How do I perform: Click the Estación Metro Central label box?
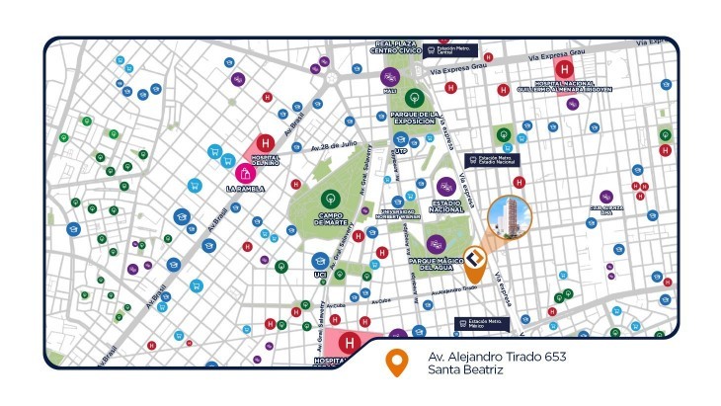coord(451,50)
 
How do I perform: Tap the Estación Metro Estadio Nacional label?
coord(493,159)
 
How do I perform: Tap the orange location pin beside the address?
coord(397,363)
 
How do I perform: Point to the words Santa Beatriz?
coord(465,370)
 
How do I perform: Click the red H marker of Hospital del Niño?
coord(265,143)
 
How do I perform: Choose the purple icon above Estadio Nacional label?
coord(446,185)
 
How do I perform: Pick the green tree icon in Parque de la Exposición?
coord(415,98)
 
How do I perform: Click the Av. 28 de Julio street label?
coord(334,145)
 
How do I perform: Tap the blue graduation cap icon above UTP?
coord(401,140)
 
